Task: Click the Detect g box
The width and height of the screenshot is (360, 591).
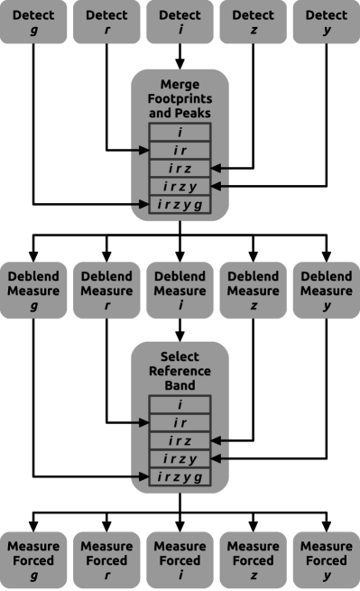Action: click(33, 22)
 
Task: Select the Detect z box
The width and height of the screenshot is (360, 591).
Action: click(253, 22)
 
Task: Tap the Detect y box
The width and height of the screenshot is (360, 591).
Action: click(326, 22)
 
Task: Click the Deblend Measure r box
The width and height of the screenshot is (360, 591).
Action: click(106, 291)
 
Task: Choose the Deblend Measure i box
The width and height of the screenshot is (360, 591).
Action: click(180, 291)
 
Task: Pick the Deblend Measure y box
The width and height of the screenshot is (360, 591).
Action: click(326, 291)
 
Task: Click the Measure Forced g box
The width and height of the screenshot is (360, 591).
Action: click(33, 560)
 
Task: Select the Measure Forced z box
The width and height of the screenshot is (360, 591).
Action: click(253, 560)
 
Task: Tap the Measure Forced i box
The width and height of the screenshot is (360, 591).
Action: click(180, 560)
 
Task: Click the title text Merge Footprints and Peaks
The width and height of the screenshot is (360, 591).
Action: click(180, 100)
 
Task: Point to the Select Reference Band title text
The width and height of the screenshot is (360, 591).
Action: click(180, 371)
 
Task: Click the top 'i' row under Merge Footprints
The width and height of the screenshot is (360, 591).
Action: click(180, 133)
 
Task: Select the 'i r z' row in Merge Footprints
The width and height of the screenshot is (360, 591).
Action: click(180, 169)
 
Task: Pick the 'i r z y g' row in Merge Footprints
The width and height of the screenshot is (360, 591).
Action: click(180, 205)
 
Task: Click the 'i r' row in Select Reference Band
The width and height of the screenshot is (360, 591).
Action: click(180, 422)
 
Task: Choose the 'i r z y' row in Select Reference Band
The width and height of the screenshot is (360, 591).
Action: click(180, 458)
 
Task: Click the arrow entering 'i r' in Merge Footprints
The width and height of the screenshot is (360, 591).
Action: click(138, 150)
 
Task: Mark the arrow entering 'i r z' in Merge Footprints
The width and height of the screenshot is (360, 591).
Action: click(221, 169)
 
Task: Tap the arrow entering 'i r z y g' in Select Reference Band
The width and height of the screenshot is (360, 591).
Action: click(138, 476)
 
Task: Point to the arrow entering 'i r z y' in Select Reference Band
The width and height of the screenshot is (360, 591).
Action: click(221, 458)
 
